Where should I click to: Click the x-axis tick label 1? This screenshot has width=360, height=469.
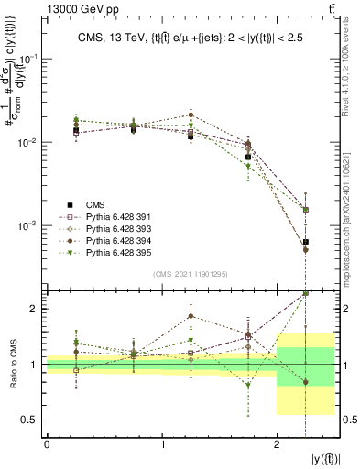[x=162, y=444]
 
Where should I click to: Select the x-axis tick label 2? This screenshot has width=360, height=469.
[x=277, y=444]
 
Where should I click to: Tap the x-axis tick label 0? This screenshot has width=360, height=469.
[x=47, y=444]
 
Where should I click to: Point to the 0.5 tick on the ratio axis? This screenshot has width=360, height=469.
[x=31, y=420]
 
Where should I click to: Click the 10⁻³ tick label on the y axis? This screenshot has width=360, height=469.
[x=27, y=225]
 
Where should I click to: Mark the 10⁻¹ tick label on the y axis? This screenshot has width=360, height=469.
[x=27, y=58]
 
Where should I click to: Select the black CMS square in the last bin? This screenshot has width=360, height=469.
[x=305, y=242]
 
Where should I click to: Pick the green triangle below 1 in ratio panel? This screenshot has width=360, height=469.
[x=247, y=386]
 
